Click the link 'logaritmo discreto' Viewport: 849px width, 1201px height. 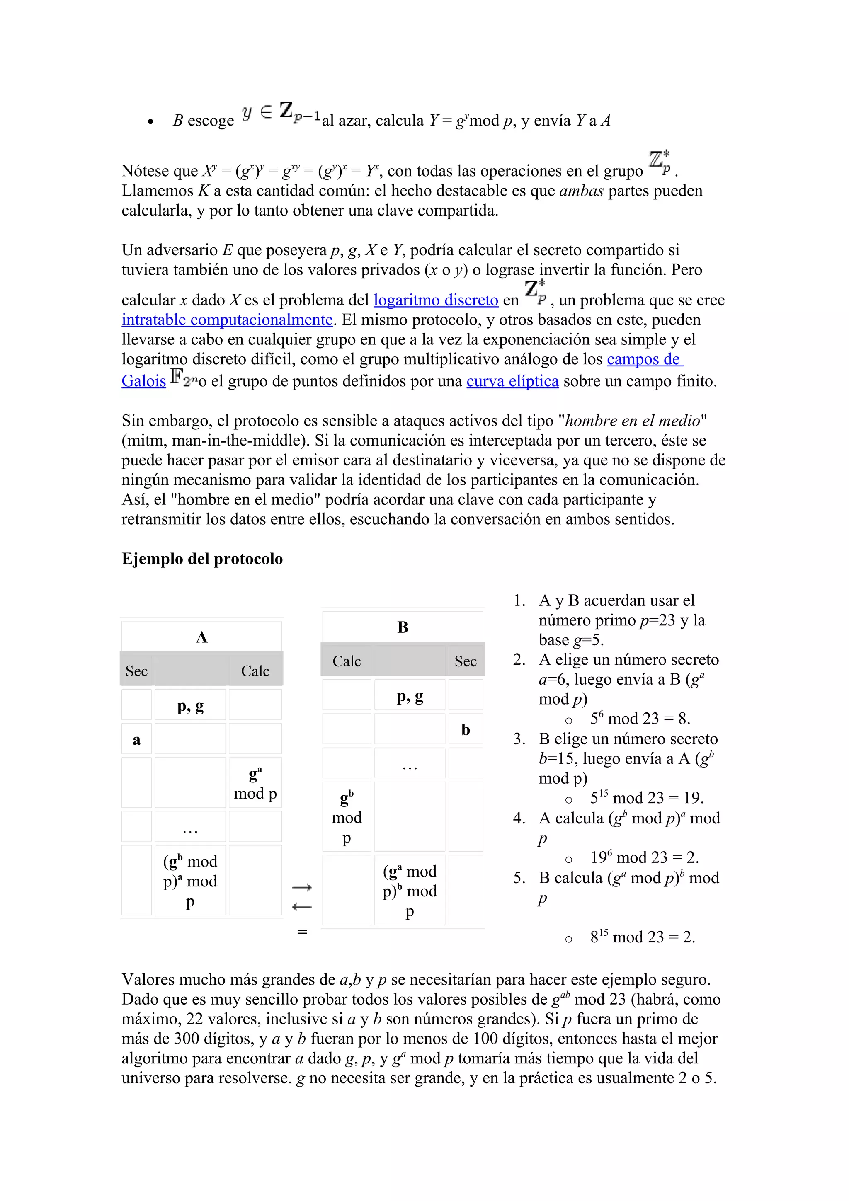[x=436, y=300]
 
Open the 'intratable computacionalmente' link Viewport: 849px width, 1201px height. [x=227, y=320]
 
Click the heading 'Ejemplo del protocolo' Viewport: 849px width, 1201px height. [x=202, y=559]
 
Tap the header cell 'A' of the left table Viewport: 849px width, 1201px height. [x=201, y=637]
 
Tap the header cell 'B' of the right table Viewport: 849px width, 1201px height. [x=402, y=627]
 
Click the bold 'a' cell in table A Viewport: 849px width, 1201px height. [x=136, y=740]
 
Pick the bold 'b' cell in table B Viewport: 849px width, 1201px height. [x=465, y=730]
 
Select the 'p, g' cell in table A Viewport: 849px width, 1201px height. [x=190, y=706]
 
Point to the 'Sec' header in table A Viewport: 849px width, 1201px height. [x=136, y=671]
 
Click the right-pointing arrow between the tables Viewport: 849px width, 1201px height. [x=302, y=887]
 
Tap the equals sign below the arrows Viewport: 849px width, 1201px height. [x=302, y=932]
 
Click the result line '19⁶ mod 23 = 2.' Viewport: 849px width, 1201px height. [x=644, y=858]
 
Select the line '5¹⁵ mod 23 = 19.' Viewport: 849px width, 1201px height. [x=647, y=798]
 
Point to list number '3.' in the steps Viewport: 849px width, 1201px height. [x=519, y=739]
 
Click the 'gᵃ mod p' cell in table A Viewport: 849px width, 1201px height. [x=255, y=784]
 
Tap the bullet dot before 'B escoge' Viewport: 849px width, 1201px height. [x=150, y=122]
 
